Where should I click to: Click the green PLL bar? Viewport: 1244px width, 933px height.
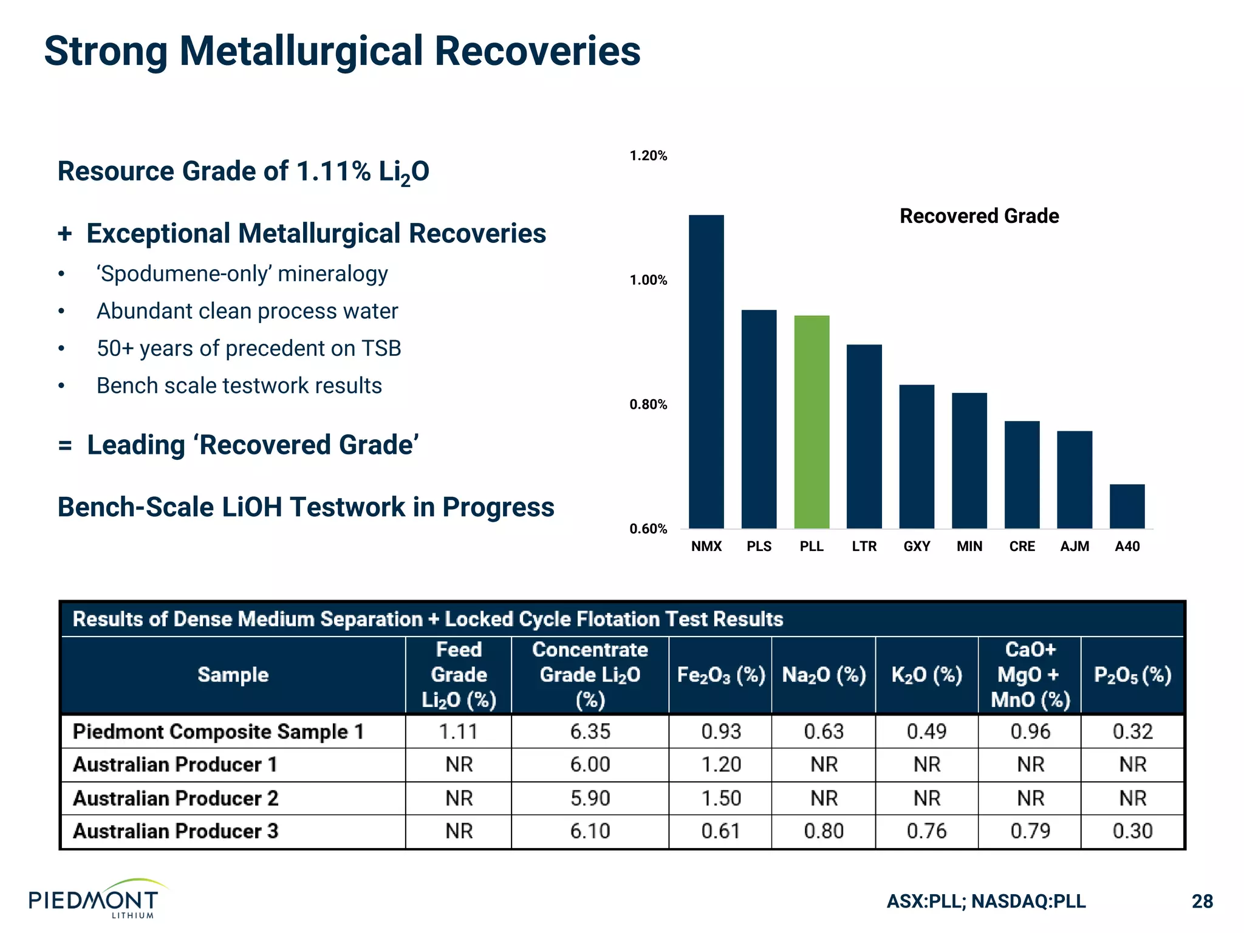click(812, 422)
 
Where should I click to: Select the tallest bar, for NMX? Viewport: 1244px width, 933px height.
click(706, 372)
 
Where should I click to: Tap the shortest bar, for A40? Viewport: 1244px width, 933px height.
click(1127, 506)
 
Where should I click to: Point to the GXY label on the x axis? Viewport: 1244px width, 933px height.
click(917, 546)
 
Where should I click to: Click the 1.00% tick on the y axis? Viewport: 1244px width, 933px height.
click(648, 280)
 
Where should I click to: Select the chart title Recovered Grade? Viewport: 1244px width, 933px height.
click(979, 216)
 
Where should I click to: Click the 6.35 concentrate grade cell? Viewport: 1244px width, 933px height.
click(590, 731)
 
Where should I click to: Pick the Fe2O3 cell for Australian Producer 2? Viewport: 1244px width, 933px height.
click(720, 798)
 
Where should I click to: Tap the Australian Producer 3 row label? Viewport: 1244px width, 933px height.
click(176, 831)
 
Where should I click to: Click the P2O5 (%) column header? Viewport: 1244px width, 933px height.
click(1132, 675)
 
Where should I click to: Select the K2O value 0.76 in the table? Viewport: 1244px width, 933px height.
click(926, 831)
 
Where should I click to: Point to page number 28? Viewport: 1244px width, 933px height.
click(1202, 901)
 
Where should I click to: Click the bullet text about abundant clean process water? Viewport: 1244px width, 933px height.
click(247, 311)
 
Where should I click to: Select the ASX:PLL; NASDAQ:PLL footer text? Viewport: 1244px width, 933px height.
click(986, 901)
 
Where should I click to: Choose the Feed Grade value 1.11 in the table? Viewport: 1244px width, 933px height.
click(459, 731)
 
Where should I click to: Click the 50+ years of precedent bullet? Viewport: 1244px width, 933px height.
click(248, 349)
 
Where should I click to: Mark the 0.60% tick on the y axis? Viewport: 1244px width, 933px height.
click(648, 528)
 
